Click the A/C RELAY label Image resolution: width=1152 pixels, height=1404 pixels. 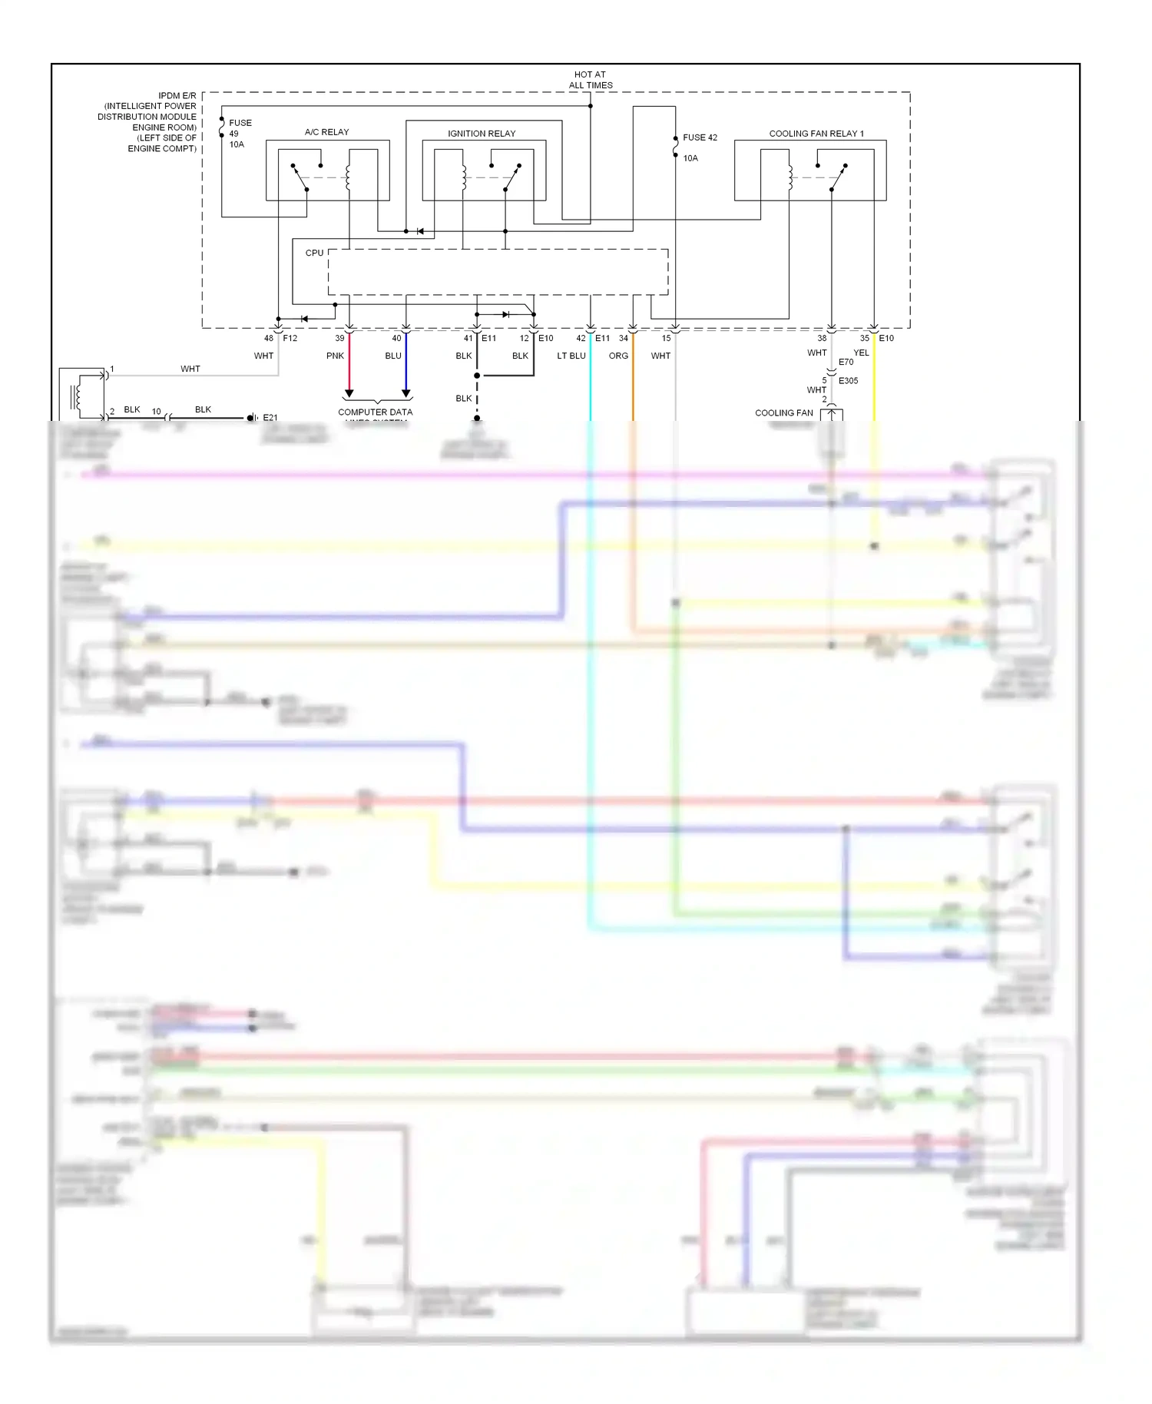point(326,132)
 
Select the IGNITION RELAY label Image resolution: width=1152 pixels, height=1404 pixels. point(482,134)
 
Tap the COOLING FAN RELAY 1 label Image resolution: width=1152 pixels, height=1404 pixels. point(816,134)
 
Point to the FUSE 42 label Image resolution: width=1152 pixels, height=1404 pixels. point(700,137)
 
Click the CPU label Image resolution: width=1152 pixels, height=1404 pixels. point(314,253)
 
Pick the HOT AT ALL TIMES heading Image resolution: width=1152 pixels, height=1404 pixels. point(591,80)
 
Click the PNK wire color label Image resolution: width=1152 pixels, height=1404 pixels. point(335,356)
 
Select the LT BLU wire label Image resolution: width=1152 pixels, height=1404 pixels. point(571,356)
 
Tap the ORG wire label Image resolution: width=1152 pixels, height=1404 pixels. point(618,356)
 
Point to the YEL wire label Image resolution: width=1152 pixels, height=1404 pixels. point(861,353)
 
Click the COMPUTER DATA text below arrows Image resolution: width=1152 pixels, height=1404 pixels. point(375,412)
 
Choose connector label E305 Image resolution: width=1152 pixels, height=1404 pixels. point(848,381)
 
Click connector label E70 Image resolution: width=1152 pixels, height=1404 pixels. point(846,362)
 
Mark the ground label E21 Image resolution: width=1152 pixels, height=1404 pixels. point(270,418)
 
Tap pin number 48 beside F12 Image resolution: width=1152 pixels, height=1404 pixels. point(269,338)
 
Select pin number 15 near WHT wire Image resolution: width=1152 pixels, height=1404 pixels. point(666,338)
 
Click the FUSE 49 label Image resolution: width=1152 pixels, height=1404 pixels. point(240,127)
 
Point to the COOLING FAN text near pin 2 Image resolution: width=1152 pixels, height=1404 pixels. point(783,412)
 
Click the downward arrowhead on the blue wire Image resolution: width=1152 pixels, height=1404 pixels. point(406,393)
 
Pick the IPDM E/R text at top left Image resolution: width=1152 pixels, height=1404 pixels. point(177,96)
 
